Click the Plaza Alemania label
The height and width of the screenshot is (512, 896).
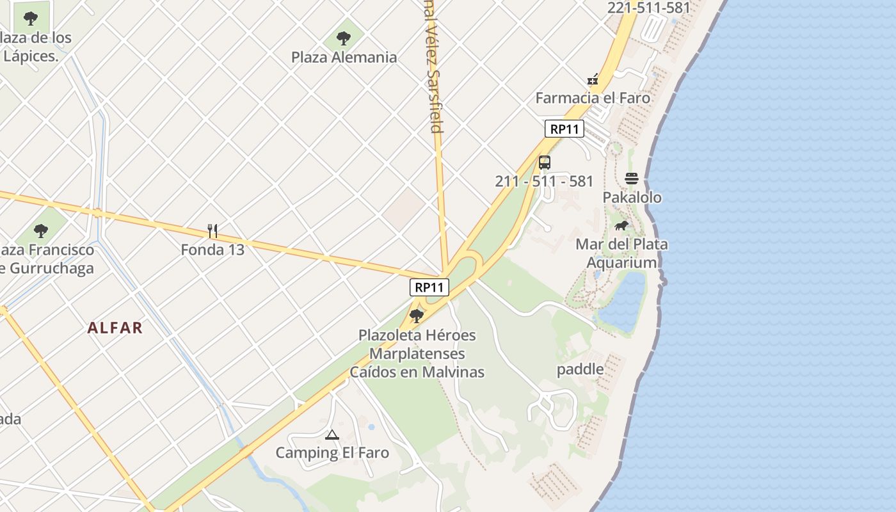coord(344,58)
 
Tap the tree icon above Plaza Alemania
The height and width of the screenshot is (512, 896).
coord(344,38)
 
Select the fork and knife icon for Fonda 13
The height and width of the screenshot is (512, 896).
coord(212,230)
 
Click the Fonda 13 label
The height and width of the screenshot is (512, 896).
coord(212,250)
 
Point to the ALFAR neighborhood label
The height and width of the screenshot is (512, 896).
coord(115,328)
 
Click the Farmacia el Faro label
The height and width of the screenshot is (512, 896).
coord(593,98)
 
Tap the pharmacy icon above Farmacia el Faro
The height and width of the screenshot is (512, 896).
coord(593,79)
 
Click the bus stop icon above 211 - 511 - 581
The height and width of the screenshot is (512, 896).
coord(545,163)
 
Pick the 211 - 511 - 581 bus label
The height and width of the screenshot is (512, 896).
coord(544,181)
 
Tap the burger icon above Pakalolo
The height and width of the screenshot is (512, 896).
coord(632,179)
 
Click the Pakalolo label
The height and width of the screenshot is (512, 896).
coord(632,197)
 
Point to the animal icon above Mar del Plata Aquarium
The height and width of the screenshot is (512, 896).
coord(621,225)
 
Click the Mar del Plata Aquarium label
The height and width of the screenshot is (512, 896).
coord(621,253)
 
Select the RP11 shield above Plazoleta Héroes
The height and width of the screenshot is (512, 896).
coord(429,287)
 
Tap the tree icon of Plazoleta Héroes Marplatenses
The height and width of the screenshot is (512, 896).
coord(417,316)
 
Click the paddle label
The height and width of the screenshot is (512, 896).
coord(580,369)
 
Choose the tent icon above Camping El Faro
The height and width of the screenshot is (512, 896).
coord(332,435)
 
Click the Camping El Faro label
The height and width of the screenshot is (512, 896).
coord(332,453)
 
